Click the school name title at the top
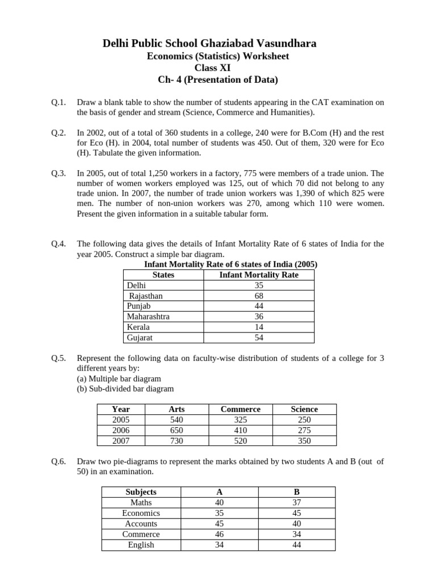(x=217, y=44)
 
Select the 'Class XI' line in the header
(x=217, y=68)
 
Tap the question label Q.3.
(x=58, y=173)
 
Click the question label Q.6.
(x=58, y=461)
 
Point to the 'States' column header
(x=163, y=275)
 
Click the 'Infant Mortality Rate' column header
(x=258, y=275)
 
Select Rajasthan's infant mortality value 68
(x=259, y=296)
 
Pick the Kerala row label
(x=139, y=327)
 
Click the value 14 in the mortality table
(x=259, y=327)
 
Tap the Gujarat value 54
(x=259, y=338)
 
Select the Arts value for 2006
(x=177, y=430)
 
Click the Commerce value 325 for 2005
(x=240, y=420)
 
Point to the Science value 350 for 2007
(x=304, y=440)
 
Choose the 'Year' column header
(x=121, y=409)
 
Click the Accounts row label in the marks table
(x=141, y=524)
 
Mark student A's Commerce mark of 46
(x=219, y=534)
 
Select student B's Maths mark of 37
(x=296, y=503)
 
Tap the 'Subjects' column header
(x=141, y=492)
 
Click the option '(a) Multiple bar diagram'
(x=119, y=378)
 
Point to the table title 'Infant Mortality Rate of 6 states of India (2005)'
(x=230, y=264)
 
